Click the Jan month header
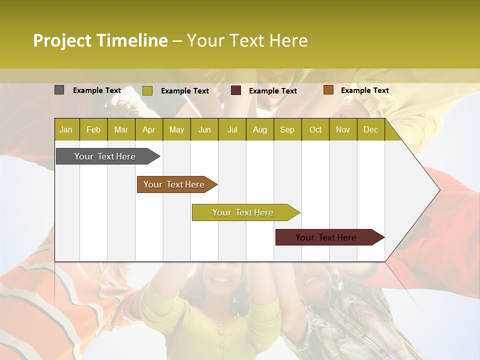coord(66,129)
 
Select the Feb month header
coord(93,129)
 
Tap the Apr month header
coord(149,129)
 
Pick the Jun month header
coord(204,129)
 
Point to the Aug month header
coord(260,129)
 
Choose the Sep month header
coord(287,129)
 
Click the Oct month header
coord(315,129)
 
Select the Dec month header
coord(371,129)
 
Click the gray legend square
coord(59,90)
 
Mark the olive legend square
coord(147,90)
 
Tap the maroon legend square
coord(236,90)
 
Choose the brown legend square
coord(328,90)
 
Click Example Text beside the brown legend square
coord(364,90)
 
